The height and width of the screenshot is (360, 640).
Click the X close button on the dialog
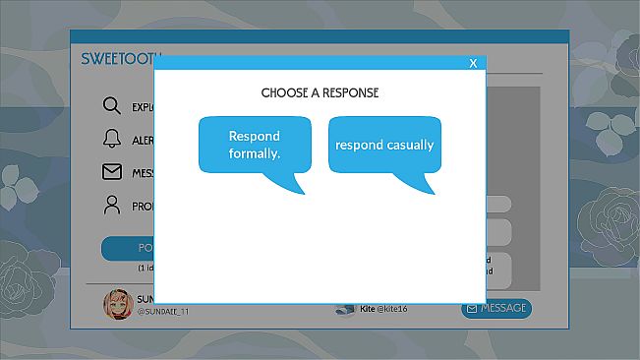coord(473,63)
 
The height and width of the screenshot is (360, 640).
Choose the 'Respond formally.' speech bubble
coord(255,145)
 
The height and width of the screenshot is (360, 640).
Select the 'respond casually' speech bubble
coord(384,145)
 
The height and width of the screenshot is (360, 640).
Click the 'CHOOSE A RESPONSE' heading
coord(320,92)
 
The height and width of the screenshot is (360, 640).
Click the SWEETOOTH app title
coord(118,59)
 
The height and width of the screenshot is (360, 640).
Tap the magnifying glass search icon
coord(112,106)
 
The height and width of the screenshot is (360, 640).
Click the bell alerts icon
coord(112,139)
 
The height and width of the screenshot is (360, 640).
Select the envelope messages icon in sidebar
coord(112,172)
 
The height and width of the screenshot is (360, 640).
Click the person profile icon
coord(112,206)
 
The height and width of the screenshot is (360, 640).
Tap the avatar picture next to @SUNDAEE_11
coord(117,305)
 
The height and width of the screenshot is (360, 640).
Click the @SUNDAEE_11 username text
coord(162,312)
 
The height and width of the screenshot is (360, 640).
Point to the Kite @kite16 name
coord(384,309)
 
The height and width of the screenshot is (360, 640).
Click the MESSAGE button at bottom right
coord(496,308)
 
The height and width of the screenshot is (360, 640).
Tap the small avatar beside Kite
coord(344,309)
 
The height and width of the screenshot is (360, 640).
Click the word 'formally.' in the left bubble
coord(255,153)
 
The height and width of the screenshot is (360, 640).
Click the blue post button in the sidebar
coord(128,249)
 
